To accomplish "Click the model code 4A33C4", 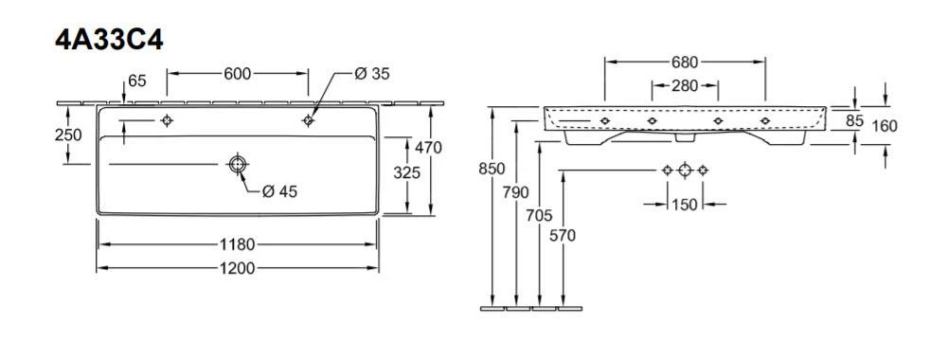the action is (109, 40).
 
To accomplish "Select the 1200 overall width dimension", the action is (237, 268).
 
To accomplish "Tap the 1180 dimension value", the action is (237, 244).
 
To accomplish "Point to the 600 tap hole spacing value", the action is (238, 74).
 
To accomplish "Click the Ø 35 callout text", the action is (372, 74).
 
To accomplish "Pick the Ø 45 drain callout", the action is (280, 191).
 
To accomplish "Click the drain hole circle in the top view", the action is (237, 163).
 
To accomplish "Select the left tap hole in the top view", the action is (167, 120).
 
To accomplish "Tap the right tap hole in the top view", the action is (309, 120).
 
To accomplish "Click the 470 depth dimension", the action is (429, 147).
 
